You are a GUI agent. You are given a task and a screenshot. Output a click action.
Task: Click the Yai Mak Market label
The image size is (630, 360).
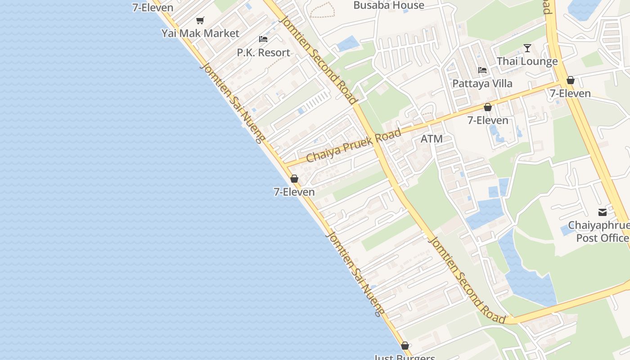coord(200,33)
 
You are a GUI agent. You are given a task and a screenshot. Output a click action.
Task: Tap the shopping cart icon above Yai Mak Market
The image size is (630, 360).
coord(200,20)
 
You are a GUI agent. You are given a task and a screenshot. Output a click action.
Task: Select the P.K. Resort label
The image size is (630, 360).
coord(263,53)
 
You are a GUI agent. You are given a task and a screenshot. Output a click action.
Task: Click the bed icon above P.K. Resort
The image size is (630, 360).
coord(263,39)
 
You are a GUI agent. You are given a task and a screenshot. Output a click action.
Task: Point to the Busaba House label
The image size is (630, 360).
coord(389,5)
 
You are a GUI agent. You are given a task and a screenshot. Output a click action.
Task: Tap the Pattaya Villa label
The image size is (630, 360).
coord(482,84)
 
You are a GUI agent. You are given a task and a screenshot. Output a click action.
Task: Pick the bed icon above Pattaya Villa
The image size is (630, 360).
coord(482,70)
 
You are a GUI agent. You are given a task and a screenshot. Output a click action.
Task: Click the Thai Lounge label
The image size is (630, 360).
coord(527,62)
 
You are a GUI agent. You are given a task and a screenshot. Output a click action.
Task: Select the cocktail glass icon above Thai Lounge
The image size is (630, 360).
coord(527,48)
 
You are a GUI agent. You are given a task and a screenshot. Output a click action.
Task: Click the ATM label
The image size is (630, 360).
coord(432,139)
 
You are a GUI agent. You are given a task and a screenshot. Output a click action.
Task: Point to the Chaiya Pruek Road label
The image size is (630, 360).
coord(354,146)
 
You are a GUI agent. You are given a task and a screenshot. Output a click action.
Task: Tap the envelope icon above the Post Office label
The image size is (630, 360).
coord(602,212)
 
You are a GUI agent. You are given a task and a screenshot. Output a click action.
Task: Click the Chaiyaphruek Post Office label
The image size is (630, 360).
coord(599,231)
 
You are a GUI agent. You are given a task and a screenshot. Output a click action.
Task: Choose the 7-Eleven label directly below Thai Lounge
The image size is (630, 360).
coord(570,94)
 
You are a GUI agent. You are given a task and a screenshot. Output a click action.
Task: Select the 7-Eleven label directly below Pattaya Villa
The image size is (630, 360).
coord(488,120)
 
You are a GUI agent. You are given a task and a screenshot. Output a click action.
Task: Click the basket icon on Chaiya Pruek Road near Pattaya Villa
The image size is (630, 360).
coord(487,107)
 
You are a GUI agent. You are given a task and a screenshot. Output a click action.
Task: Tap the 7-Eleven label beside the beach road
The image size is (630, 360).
coord(294,192)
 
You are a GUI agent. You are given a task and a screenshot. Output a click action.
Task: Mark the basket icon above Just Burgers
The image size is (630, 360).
coord(405,346)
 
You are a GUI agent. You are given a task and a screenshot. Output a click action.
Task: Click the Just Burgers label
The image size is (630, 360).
coord(405,357)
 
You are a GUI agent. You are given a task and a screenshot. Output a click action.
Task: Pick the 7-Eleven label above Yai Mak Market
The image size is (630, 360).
coord(153,7)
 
